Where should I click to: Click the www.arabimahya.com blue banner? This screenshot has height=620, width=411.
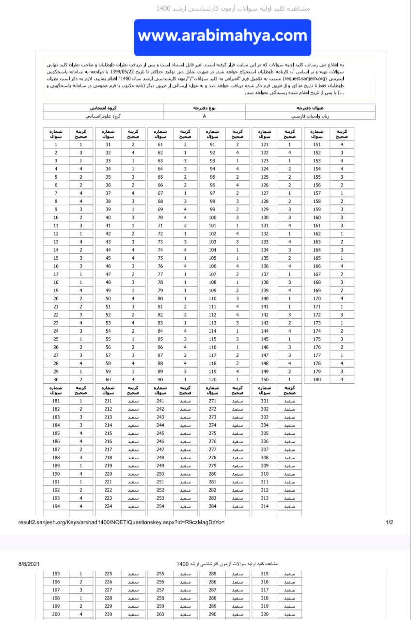click(222, 36)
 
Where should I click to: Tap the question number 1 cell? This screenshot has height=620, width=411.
click(56, 145)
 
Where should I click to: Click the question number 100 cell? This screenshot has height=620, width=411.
click(212, 217)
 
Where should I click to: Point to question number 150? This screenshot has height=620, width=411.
click(264, 379)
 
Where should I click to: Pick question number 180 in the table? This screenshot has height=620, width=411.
click(316, 379)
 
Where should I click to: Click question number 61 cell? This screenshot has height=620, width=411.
click(160, 145)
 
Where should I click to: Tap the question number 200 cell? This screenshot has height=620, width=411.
click(56, 614)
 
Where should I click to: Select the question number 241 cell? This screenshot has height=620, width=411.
click(160, 401)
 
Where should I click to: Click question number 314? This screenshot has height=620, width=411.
click(264, 506)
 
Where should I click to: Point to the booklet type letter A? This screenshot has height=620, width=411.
click(205, 116)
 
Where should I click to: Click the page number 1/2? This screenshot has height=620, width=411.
click(389, 523)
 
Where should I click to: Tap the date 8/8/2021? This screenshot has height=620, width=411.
click(29, 564)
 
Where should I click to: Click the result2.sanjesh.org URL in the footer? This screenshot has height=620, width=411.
click(122, 523)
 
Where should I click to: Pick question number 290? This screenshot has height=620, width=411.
click(212, 614)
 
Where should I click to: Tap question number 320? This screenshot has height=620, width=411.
click(264, 614)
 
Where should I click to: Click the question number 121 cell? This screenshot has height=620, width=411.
click(264, 145)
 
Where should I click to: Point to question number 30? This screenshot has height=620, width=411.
click(56, 379)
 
